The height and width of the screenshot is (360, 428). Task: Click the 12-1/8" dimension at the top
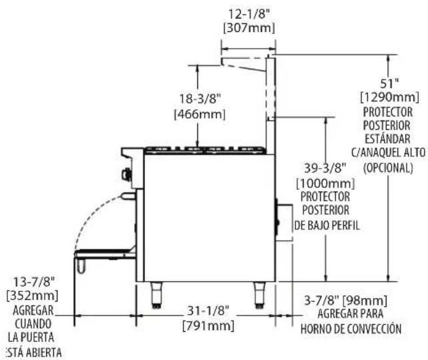249,14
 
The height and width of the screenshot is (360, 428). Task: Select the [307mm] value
249,28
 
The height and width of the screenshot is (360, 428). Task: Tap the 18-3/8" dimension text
199,99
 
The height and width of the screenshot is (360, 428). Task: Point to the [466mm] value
200,114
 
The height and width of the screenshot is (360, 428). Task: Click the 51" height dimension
389,83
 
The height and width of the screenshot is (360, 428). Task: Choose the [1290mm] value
390,97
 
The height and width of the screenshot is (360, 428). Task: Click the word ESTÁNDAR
387,139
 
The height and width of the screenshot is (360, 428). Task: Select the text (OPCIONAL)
388,167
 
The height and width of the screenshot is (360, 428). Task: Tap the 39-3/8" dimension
325,168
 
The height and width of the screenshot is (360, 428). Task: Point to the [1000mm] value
325,183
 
